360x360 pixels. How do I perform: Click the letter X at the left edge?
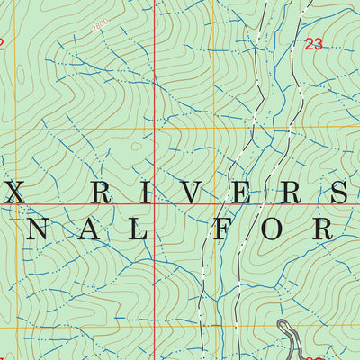click(x=13, y=192)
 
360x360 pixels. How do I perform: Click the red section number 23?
click(x=313, y=44)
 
